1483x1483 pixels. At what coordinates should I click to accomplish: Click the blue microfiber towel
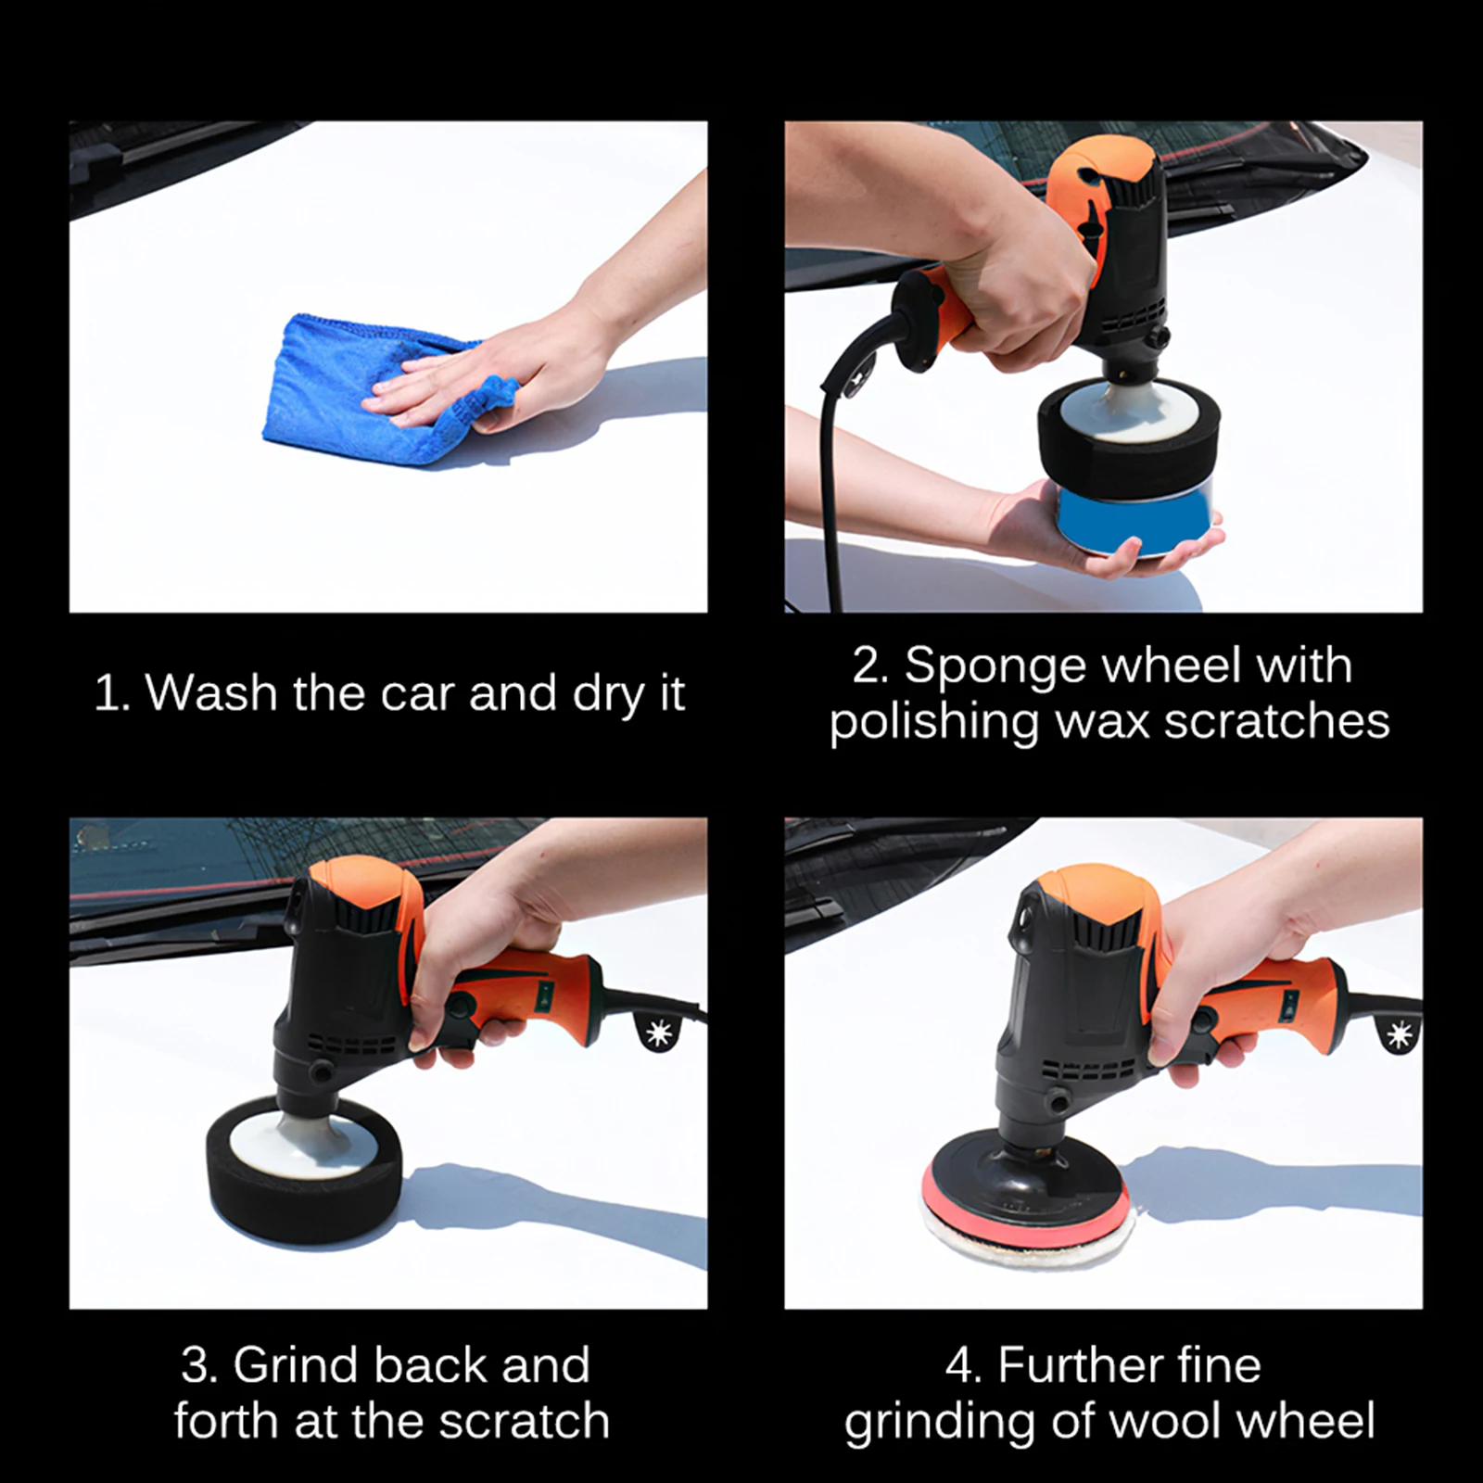click(x=371, y=389)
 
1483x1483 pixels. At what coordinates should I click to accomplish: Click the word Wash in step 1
click(x=211, y=692)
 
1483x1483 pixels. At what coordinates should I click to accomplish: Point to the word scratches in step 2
click(x=1277, y=721)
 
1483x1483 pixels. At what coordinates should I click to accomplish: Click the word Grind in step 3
click(x=296, y=1364)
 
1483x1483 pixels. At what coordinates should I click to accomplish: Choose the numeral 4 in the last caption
click(x=959, y=1365)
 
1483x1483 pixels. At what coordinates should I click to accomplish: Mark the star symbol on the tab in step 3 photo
click(x=659, y=1032)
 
